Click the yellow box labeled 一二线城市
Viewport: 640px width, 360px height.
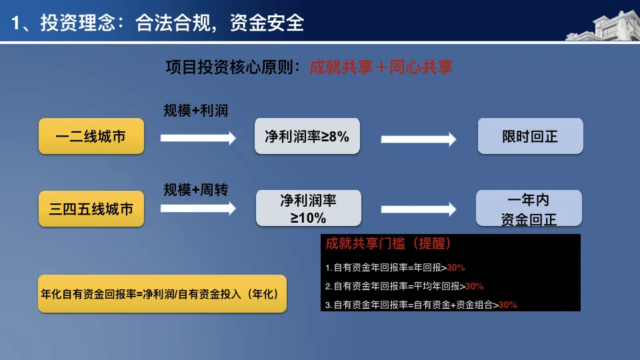pos(91,137)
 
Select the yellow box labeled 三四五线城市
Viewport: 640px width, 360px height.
pos(91,209)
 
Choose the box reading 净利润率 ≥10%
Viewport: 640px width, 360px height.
pos(308,208)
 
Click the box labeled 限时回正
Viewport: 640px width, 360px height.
pos(530,137)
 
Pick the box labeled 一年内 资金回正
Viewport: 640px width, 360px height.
pos(529,208)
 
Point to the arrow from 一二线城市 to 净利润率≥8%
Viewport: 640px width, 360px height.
pos(198,138)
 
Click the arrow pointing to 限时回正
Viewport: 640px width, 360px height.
pos(418,139)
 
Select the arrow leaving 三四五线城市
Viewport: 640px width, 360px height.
pos(198,208)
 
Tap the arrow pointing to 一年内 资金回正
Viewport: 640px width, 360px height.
pos(418,209)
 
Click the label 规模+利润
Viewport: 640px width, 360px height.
pos(196,111)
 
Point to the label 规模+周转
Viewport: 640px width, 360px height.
pos(196,190)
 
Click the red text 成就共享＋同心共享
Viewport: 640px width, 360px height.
pos(381,67)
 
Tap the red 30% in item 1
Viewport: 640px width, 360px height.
pos(456,267)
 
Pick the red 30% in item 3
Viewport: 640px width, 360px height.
pos(508,305)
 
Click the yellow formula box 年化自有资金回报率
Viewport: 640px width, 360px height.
pos(162,293)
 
